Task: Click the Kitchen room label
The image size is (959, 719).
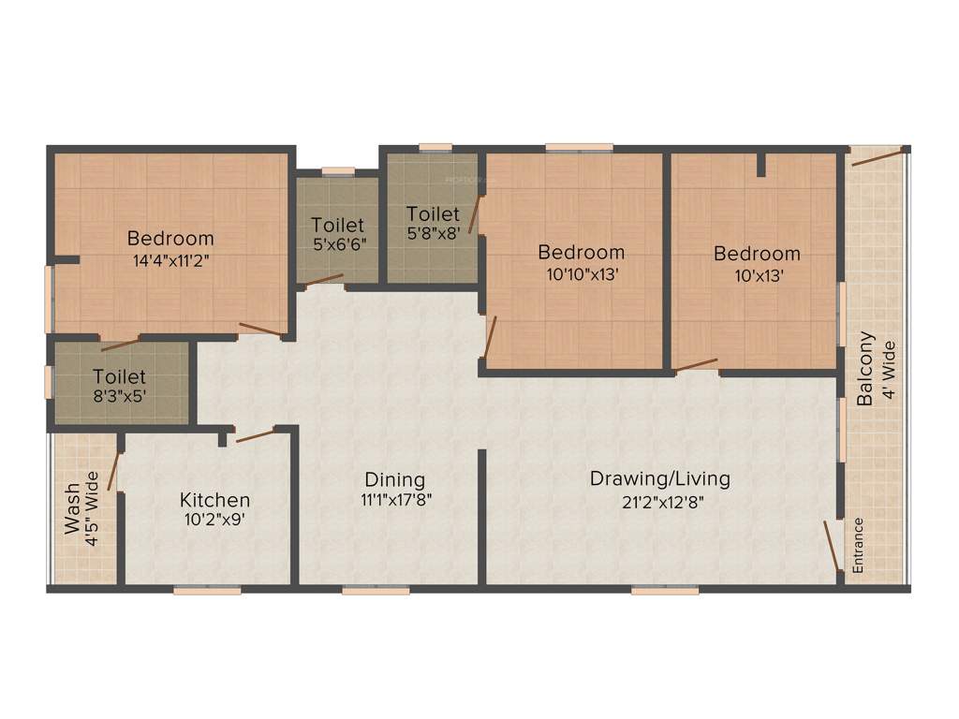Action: click(x=214, y=501)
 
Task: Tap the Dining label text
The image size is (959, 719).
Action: click(x=394, y=479)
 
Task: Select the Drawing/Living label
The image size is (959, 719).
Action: click(x=659, y=479)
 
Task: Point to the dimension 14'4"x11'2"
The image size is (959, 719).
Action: click(x=170, y=260)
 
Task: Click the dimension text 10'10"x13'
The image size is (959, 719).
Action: click(x=581, y=275)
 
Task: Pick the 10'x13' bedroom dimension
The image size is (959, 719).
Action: click(x=757, y=275)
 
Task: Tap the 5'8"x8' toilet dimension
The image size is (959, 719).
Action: click(x=433, y=235)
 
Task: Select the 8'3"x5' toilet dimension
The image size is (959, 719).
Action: click(x=119, y=396)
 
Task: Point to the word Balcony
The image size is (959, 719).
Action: click(x=866, y=368)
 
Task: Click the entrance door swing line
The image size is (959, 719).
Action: click(x=831, y=545)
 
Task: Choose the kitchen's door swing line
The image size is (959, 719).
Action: click(x=255, y=435)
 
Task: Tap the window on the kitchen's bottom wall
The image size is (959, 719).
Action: click(x=207, y=591)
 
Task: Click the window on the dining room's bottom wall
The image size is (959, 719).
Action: click(x=375, y=591)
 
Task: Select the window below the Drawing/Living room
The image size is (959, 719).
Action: click(x=664, y=591)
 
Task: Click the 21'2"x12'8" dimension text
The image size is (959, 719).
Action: click(x=659, y=501)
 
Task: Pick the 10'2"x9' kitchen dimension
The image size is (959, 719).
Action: click(x=214, y=521)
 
